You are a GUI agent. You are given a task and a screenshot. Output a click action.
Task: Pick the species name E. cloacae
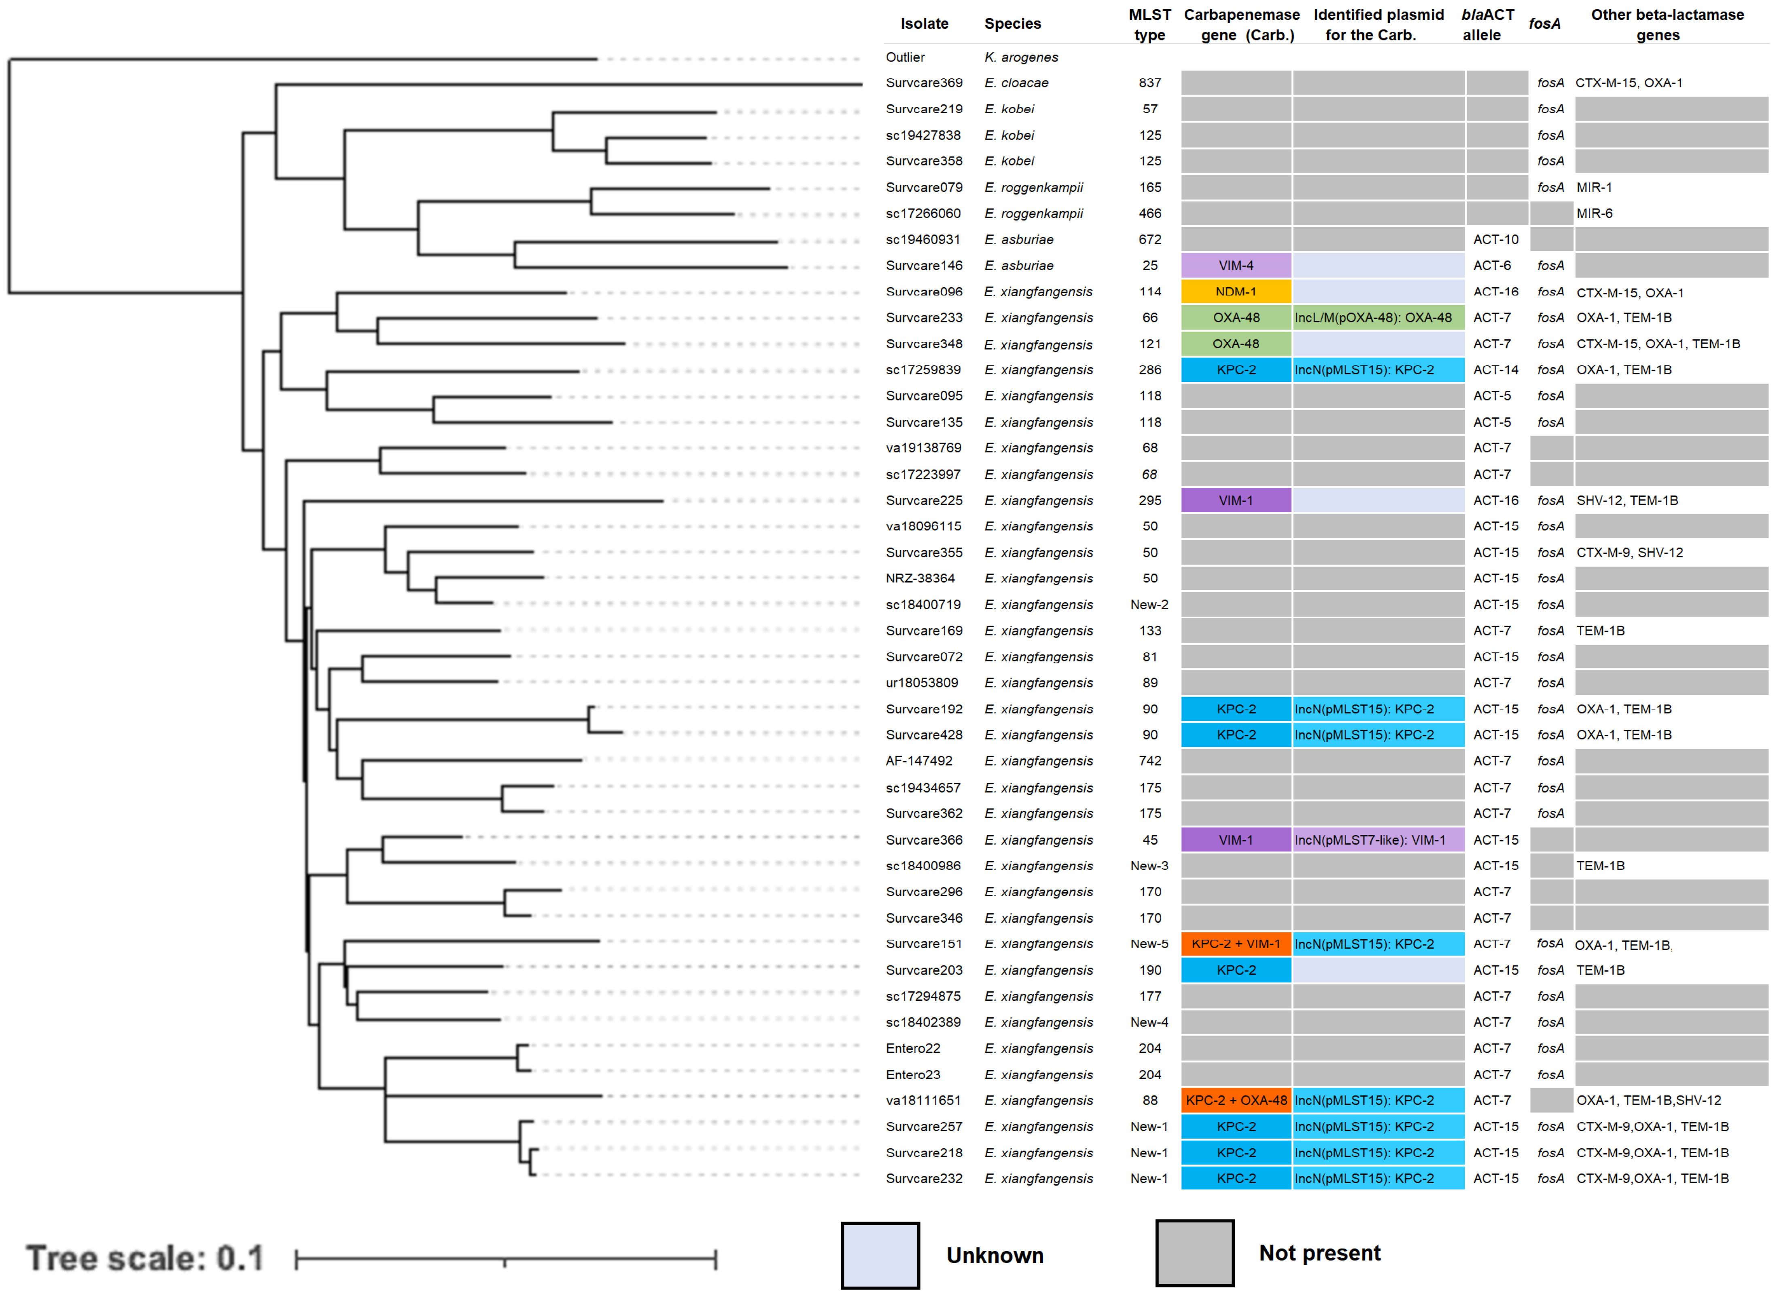pyautogui.click(x=1016, y=83)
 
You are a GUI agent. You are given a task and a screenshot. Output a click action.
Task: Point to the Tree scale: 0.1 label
pyautogui.click(x=145, y=1258)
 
